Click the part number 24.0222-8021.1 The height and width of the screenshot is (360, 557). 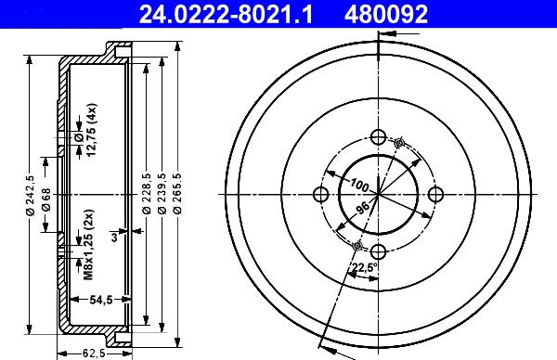(x=226, y=14)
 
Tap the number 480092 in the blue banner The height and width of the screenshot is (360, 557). (x=386, y=14)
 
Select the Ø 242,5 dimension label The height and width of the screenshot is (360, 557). (x=30, y=195)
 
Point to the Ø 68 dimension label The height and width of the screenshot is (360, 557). (x=46, y=199)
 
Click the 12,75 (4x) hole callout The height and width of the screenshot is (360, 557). (x=92, y=130)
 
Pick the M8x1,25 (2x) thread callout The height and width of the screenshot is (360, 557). (x=88, y=244)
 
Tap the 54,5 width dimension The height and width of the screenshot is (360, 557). (x=101, y=300)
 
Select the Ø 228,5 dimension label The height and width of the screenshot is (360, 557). (x=147, y=194)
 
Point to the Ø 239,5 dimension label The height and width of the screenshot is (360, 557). (x=162, y=194)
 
